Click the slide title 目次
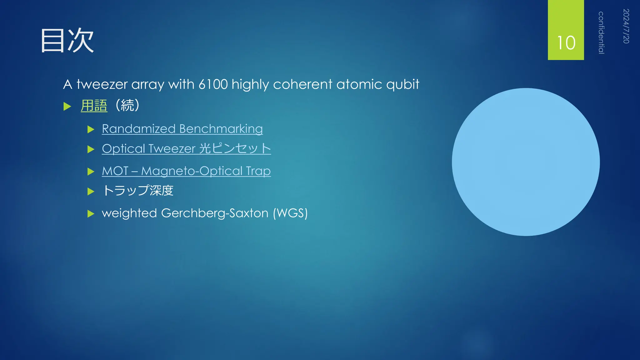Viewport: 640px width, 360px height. [x=67, y=41]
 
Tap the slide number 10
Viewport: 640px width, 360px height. [x=566, y=43]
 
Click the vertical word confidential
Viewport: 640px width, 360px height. [x=601, y=33]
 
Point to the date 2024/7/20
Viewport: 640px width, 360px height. [x=626, y=26]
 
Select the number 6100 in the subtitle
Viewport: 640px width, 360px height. [x=213, y=84]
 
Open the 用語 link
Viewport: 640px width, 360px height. [x=94, y=106]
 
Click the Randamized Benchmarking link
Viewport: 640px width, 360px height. [x=182, y=129]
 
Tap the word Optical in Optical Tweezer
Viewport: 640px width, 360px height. [x=123, y=149]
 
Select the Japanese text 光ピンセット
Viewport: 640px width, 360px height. [x=235, y=148]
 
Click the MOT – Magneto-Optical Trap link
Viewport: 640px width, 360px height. [x=186, y=171]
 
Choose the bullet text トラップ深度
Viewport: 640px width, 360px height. [x=138, y=191]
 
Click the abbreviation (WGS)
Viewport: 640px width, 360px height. [x=290, y=213]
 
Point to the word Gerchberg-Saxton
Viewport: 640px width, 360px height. [x=215, y=213]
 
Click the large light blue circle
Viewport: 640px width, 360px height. [x=526, y=162]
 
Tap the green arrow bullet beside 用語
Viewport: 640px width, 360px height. [x=67, y=107]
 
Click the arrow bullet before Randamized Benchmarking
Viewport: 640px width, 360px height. [x=91, y=129]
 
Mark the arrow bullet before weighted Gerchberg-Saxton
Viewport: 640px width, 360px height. [x=91, y=214]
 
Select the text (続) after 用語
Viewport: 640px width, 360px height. [x=127, y=105]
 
